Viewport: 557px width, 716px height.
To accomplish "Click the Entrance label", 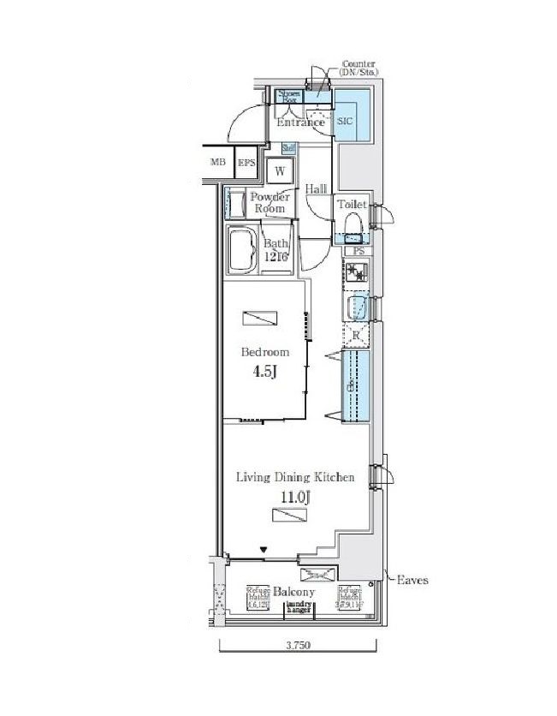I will click(x=301, y=122).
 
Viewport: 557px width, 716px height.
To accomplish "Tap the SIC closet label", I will click(x=344, y=122).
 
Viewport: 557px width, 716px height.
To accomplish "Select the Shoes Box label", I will click(x=287, y=96).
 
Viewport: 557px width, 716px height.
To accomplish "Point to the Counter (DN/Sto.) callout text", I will click(x=360, y=69).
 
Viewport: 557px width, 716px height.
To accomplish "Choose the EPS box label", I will click(x=246, y=163).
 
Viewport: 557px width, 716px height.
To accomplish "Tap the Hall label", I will click(x=317, y=189).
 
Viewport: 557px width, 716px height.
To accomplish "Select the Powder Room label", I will click(x=268, y=202).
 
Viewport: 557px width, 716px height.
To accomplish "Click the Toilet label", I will click(x=353, y=205).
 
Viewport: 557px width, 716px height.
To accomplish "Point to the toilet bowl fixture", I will click(x=353, y=225).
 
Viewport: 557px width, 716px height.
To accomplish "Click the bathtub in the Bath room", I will click(x=243, y=249).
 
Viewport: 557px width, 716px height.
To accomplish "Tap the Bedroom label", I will click(x=264, y=352).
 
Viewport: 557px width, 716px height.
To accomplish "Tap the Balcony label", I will click(x=293, y=592).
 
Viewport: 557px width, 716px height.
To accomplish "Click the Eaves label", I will click(x=412, y=580).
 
